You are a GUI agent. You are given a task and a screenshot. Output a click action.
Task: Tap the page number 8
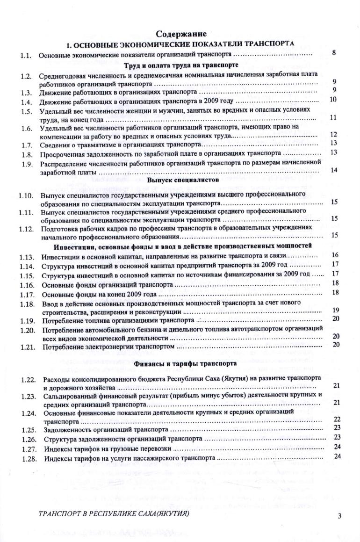tap(334, 53)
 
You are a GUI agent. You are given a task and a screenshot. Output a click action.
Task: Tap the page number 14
tap(334, 170)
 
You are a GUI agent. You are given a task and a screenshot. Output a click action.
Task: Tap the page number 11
tap(334, 117)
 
